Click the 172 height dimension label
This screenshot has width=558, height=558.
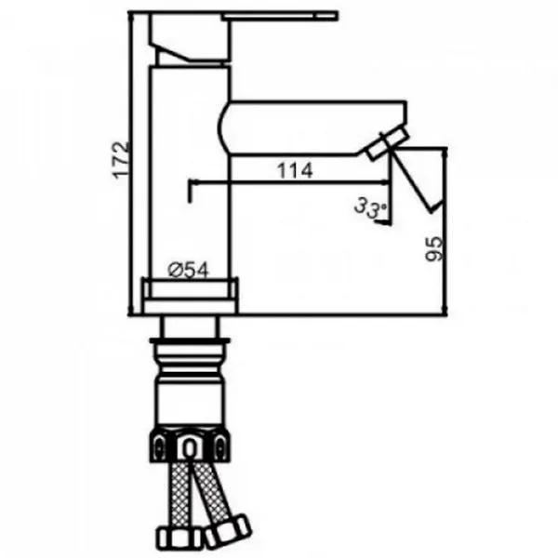121,160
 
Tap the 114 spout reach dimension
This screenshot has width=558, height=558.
295,170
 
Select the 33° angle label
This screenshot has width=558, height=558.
370,208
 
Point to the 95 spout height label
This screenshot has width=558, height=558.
434,248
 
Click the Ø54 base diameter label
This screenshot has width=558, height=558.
188,271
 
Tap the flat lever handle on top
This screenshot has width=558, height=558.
280,16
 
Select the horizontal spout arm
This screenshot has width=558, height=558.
313,128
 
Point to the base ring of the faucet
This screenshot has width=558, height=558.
190,296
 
